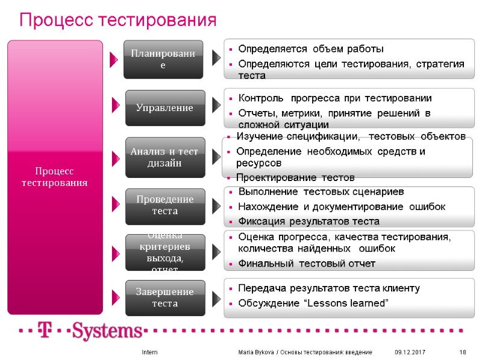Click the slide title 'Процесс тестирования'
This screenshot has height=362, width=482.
tap(117, 21)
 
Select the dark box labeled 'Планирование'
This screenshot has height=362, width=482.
tap(163, 59)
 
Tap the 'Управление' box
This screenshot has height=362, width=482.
tap(164, 108)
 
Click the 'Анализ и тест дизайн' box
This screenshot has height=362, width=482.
tap(164, 157)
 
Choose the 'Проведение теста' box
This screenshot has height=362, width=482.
tap(164, 205)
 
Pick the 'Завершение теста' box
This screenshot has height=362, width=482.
tap(164, 297)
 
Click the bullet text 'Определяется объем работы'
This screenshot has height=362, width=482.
tap(310, 48)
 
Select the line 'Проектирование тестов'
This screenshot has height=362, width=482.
tap(295, 177)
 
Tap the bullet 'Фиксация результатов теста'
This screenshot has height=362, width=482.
tap(308, 221)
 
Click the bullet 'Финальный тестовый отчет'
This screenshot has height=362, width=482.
tap(307, 264)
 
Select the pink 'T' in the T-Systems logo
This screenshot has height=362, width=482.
tap(43, 331)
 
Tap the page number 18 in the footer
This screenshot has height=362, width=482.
tap(463, 352)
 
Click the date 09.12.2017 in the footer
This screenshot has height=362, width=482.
tap(409, 352)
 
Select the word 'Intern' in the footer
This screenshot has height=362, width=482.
tap(149, 352)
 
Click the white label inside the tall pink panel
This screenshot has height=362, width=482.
tap(55, 177)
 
